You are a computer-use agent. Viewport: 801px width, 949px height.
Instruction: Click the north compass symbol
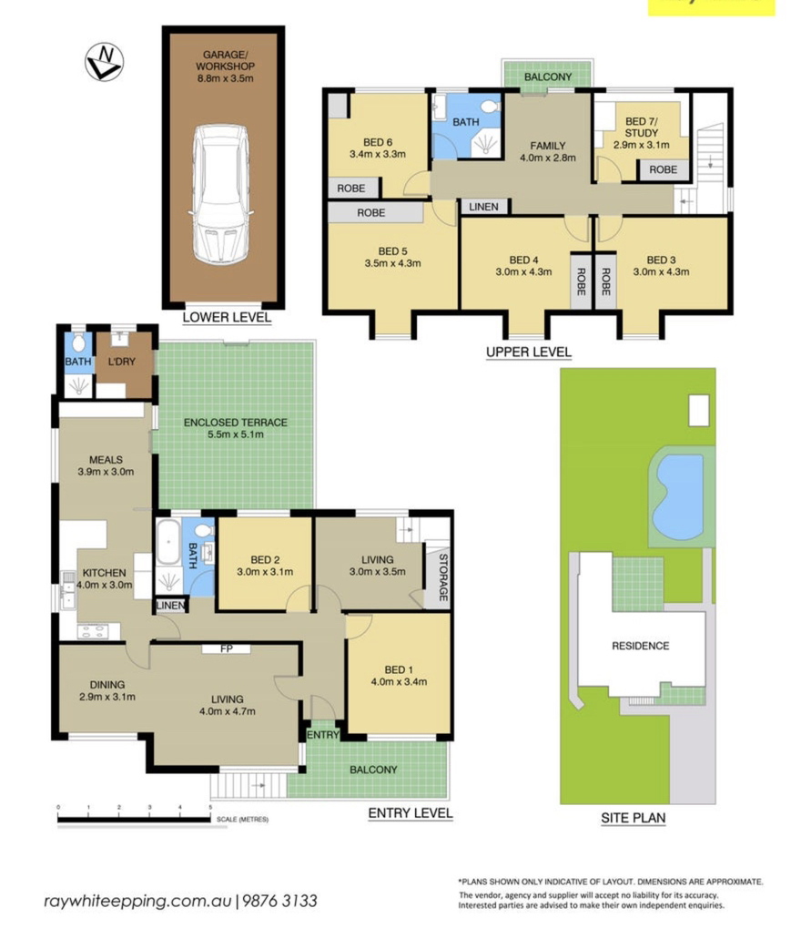(104, 62)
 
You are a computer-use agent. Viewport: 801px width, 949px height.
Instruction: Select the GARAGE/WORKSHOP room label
(225, 60)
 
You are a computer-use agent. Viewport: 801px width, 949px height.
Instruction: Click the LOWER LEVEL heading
(227, 317)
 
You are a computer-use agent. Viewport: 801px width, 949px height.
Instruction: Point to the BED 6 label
(378, 142)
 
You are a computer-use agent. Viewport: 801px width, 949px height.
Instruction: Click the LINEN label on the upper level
(483, 207)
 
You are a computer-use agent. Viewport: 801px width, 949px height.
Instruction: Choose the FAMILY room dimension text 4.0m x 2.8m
(548, 158)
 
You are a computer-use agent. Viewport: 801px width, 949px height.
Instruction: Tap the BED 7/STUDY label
(642, 128)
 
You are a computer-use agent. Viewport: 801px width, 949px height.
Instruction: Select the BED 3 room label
(661, 260)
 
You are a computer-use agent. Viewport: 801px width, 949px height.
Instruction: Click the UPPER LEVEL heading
(529, 352)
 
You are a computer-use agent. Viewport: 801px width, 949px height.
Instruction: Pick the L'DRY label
(122, 362)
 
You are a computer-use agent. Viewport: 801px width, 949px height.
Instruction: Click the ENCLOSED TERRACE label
(236, 423)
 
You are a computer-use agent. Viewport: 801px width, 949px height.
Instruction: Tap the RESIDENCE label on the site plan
(641, 646)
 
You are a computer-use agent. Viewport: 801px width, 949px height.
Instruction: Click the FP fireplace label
(227, 648)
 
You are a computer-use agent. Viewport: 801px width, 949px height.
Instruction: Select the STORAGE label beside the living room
(443, 577)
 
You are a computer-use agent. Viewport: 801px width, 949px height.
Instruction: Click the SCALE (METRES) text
(242, 819)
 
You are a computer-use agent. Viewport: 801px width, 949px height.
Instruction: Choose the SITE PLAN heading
(633, 818)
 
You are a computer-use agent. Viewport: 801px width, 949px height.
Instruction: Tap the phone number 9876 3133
(279, 902)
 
